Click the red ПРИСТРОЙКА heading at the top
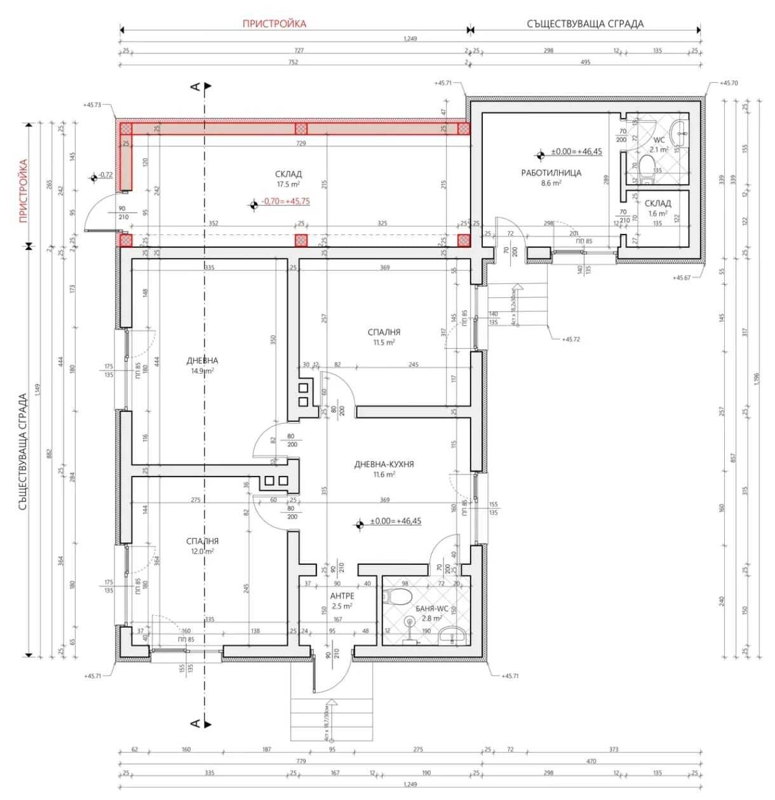click(x=274, y=24)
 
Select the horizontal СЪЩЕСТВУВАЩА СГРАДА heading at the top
click(x=584, y=24)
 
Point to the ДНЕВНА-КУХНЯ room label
click(x=384, y=464)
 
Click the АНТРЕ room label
click(x=342, y=596)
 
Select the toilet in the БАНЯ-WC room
click(x=398, y=596)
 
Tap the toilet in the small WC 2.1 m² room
click(x=647, y=167)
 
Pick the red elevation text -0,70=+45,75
click(x=285, y=201)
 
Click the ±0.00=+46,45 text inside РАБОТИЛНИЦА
click(x=576, y=152)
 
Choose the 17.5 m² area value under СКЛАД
click(x=288, y=184)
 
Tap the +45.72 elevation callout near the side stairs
click(x=570, y=339)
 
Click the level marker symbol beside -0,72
click(x=94, y=177)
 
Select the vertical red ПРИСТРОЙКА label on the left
click(x=24, y=190)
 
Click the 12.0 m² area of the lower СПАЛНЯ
click(x=202, y=552)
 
